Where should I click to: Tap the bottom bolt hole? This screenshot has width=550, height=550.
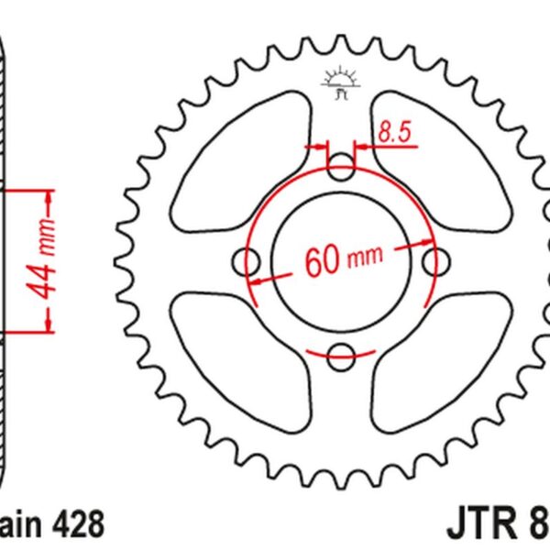tap(341, 356)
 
